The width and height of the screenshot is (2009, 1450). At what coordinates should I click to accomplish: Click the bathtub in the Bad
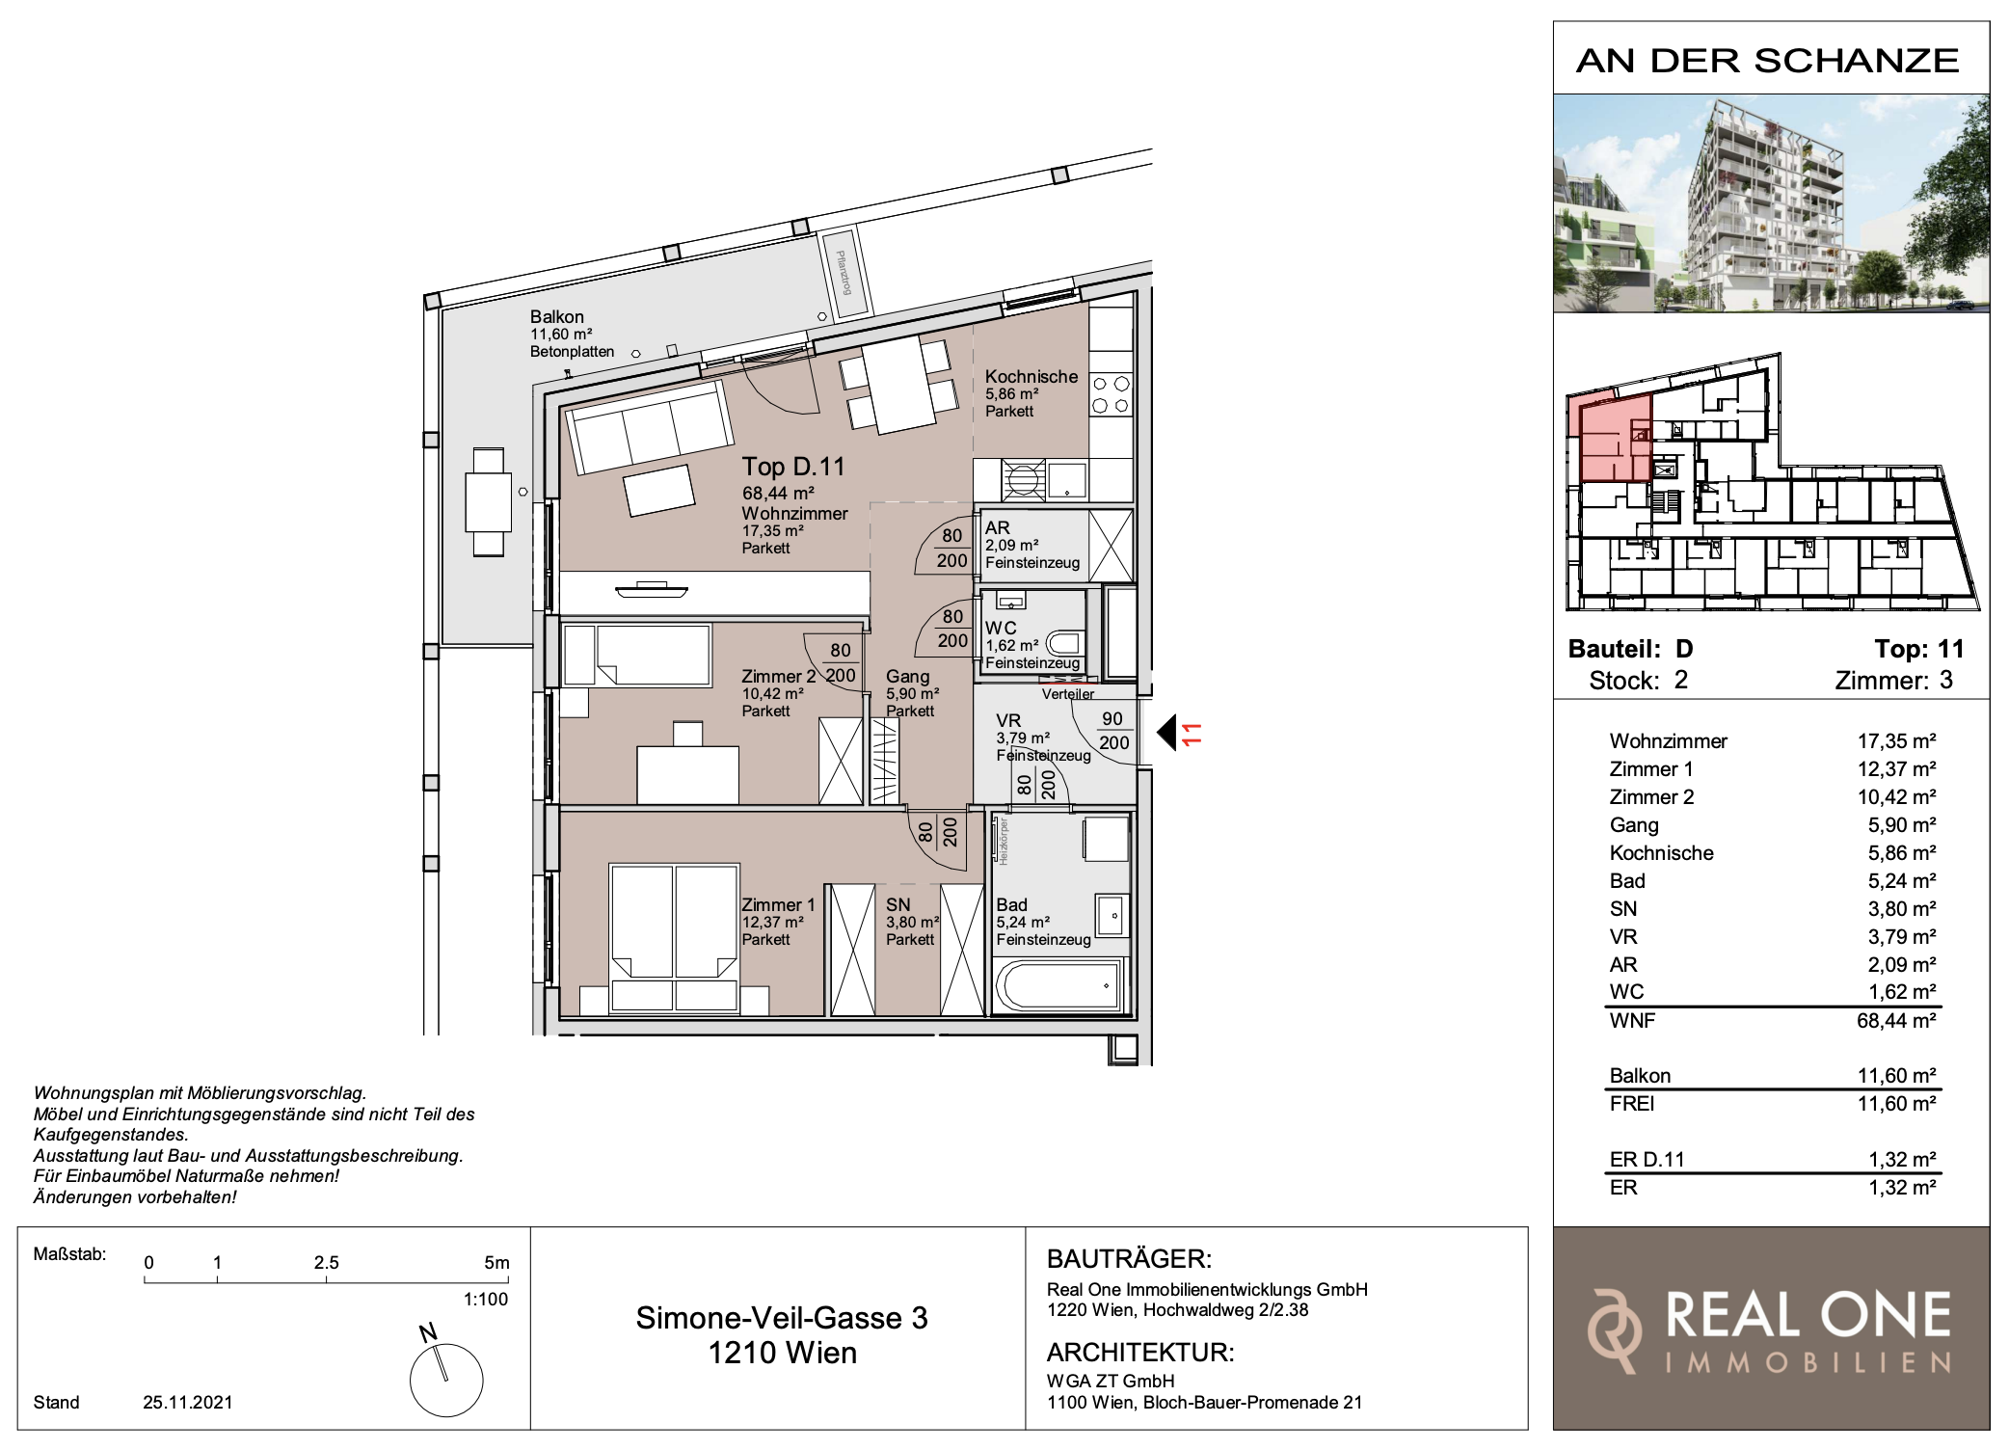click(x=1058, y=985)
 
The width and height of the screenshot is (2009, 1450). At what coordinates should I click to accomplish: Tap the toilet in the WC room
click(x=1064, y=643)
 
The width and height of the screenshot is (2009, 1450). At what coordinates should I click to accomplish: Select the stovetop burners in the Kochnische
click(x=1111, y=394)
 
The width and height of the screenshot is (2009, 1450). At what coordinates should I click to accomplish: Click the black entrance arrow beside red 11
click(x=1166, y=733)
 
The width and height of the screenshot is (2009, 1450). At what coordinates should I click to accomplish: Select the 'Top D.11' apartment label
click(x=793, y=467)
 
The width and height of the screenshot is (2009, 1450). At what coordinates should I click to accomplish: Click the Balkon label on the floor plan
click(x=556, y=316)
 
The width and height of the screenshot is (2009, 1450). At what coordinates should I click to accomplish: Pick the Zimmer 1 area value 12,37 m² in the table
click(x=1896, y=769)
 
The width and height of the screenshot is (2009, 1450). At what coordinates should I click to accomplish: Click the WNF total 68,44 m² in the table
click(x=1896, y=1021)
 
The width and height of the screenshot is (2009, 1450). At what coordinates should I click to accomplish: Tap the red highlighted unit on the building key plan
click(x=1615, y=439)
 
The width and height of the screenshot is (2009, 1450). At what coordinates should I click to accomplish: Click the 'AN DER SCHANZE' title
click(x=1768, y=61)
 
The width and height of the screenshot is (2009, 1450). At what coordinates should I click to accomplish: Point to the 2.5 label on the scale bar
click(x=326, y=1263)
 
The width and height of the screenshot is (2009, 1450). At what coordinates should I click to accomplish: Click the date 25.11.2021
click(x=188, y=1403)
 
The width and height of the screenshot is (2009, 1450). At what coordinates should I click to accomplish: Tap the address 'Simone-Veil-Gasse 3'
click(x=782, y=1318)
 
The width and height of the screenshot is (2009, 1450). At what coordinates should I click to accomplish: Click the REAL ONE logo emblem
click(x=1615, y=1330)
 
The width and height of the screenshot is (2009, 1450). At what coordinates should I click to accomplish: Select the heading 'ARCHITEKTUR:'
click(x=1140, y=1353)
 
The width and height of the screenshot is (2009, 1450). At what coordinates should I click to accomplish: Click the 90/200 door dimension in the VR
click(x=1113, y=731)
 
